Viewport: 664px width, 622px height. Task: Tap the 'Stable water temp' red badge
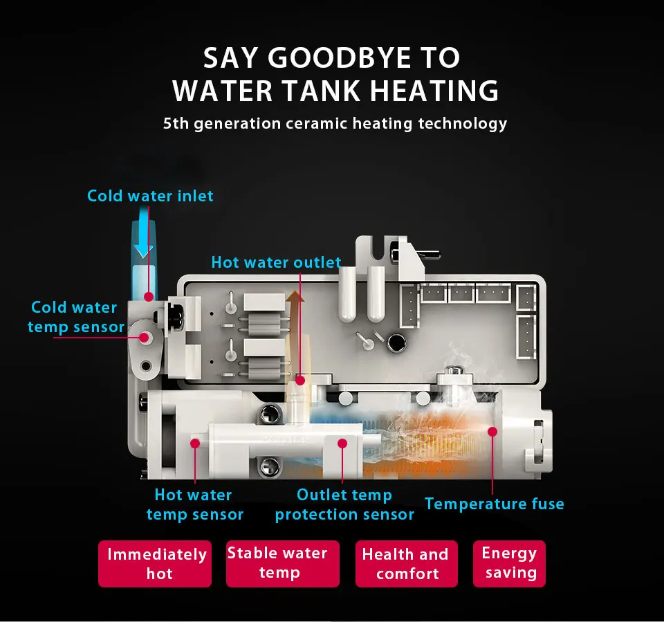click(283, 563)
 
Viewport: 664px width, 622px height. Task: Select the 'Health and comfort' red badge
click(407, 564)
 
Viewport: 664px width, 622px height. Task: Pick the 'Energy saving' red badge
click(510, 563)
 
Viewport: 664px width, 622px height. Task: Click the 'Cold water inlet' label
click(150, 196)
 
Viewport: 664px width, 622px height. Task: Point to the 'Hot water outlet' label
click(276, 263)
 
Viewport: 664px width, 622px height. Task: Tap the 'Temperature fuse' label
click(495, 504)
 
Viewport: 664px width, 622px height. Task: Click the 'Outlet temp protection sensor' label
click(344, 504)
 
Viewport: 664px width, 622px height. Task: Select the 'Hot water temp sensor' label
click(194, 504)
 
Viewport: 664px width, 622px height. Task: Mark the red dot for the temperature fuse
click(492, 432)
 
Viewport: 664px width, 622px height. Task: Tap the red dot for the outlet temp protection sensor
click(341, 442)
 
